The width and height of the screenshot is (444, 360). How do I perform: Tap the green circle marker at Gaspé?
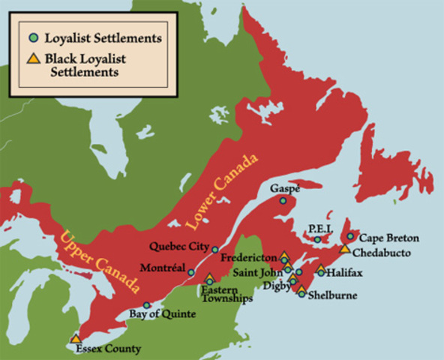coord(283,200)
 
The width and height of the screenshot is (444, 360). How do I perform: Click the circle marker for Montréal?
coord(191,272)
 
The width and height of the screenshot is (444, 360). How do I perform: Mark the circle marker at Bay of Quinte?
coord(147,304)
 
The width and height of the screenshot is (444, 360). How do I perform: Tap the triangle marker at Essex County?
coord(76,339)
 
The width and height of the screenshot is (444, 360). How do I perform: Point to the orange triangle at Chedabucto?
coord(344,248)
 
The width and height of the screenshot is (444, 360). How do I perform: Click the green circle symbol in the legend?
coord(31,37)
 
